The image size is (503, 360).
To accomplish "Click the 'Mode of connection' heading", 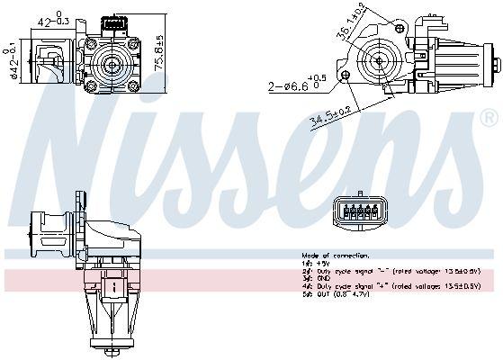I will click(x=330, y=256).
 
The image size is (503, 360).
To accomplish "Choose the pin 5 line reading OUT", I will click(x=337, y=293).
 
